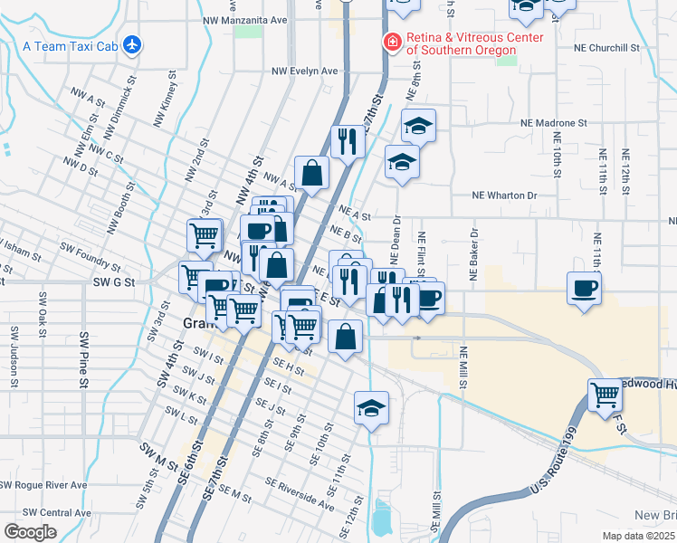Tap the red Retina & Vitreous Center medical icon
(392, 42)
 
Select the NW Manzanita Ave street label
(244, 18)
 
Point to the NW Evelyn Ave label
(304, 71)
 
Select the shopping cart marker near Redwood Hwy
(605, 395)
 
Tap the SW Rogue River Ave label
(43, 484)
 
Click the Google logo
(30, 532)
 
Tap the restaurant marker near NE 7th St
(347, 140)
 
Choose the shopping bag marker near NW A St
(311, 173)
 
